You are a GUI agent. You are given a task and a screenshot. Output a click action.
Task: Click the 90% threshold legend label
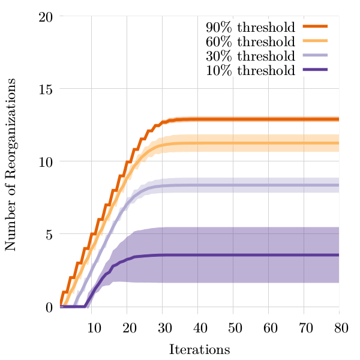pos(250,27)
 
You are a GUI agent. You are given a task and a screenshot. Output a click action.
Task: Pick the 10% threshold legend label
pos(250,70)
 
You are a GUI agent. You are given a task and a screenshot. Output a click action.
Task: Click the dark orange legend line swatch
pos(316,27)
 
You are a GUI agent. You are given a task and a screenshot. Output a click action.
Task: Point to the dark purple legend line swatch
pos(316,70)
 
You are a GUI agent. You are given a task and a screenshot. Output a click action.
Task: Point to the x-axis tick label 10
pos(94,327)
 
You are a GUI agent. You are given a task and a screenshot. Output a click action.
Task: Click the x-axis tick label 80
pos(340,327)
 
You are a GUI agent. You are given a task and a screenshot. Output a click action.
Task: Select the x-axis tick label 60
pos(269,327)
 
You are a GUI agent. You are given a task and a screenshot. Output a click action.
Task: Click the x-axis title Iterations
pos(200,349)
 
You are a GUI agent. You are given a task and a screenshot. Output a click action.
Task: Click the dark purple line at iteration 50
pos(233,255)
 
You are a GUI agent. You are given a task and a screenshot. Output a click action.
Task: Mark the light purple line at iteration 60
pos(269,185)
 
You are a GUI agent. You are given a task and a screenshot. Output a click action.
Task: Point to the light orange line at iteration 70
pos(304,143)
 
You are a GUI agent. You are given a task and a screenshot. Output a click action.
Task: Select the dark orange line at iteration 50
pos(233,119)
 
